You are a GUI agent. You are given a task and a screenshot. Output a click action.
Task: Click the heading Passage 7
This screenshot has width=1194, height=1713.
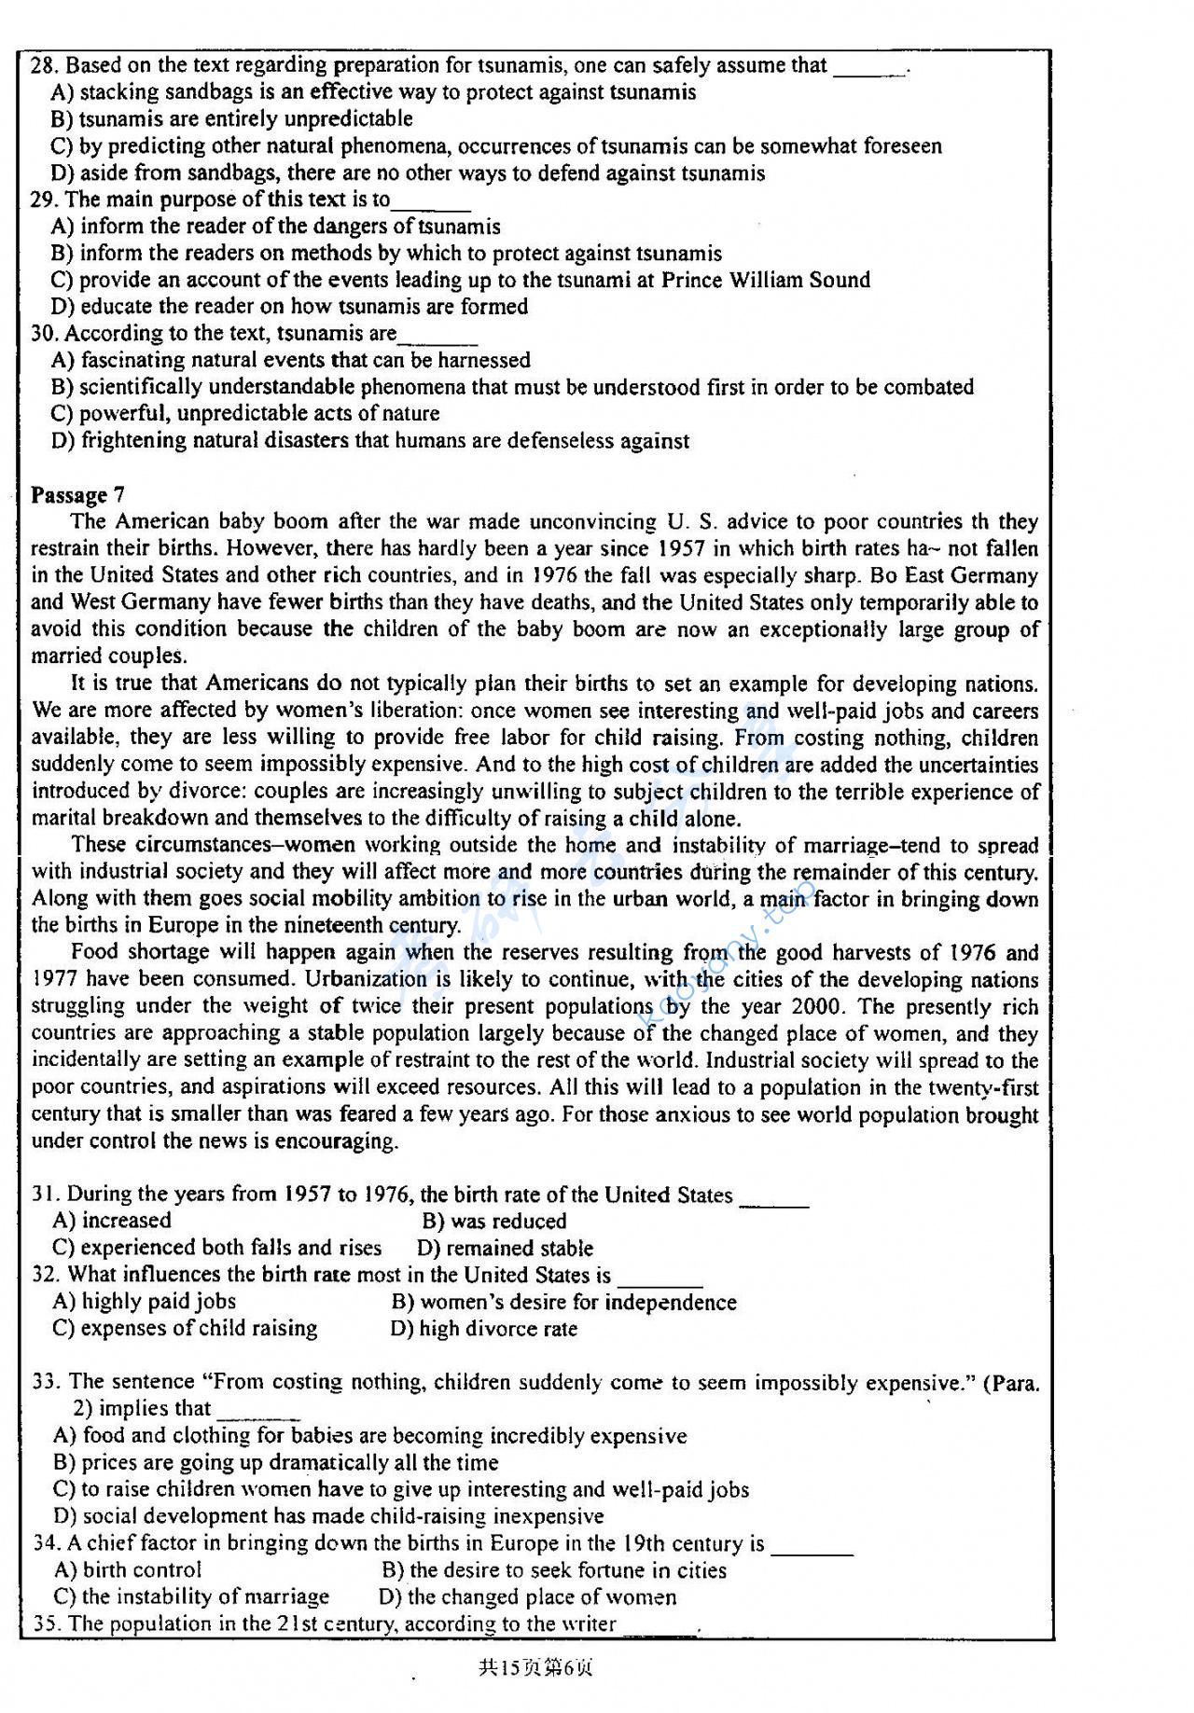(77, 494)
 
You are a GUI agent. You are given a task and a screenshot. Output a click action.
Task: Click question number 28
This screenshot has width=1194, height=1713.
(45, 65)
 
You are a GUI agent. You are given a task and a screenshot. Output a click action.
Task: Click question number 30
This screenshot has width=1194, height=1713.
(45, 333)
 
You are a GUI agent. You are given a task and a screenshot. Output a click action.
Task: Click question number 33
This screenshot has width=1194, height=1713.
(47, 1382)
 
